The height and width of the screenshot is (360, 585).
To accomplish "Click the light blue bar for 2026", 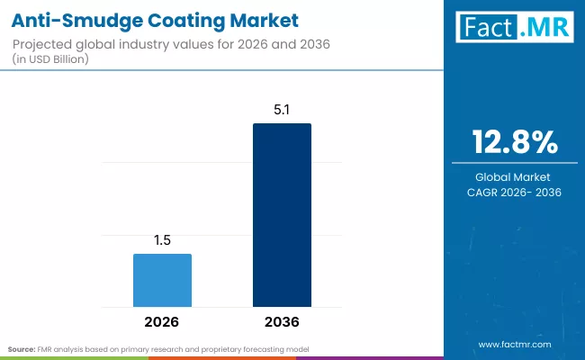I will tap(162, 281).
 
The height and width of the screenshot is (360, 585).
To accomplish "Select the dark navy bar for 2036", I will tap(282, 216).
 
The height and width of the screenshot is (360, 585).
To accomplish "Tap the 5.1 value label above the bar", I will tap(282, 111).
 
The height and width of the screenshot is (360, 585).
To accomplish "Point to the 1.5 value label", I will tap(162, 240).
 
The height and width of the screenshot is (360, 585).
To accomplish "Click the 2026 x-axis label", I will tap(162, 321).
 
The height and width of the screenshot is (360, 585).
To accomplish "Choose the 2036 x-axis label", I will tap(282, 321).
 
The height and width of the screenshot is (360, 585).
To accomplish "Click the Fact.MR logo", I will tap(515, 28).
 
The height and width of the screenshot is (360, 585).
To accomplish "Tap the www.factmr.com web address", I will tap(515, 344).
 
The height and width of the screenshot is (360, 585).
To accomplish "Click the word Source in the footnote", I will tap(21, 348).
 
